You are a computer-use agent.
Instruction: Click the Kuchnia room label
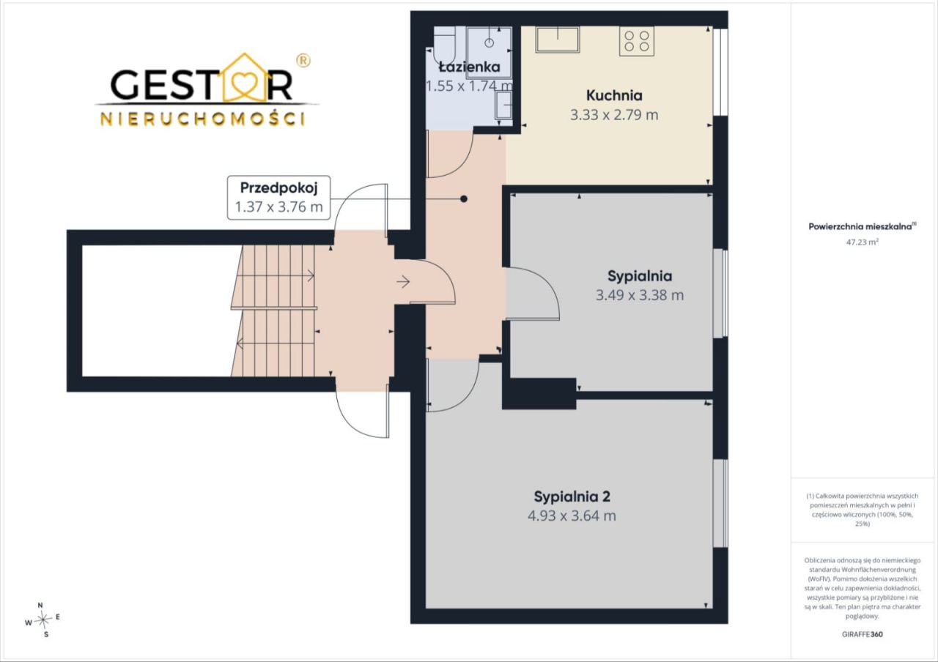pos(614,95)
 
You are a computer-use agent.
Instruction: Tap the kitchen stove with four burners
pos(637,41)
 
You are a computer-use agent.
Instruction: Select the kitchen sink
pos(558,40)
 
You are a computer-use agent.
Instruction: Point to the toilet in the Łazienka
pos(444,45)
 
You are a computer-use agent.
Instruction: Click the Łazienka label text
pos(470,67)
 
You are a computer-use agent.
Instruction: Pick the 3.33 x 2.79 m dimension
pos(614,115)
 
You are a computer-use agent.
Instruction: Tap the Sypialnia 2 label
pos(572,496)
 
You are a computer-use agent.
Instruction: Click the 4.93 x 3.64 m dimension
pos(572,516)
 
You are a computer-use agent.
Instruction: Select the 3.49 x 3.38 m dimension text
pos(640,295)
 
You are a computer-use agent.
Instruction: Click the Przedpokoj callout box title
pos(279,188)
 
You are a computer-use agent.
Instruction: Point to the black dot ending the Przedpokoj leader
pos(464,198)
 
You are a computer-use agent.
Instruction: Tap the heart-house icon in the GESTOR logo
pos(245,78)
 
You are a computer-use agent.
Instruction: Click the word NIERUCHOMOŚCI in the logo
pos(203,119)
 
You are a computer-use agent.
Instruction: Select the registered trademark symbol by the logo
pos(303,61)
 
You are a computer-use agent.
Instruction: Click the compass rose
pos(43,620)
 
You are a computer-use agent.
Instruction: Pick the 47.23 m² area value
pos(863,242)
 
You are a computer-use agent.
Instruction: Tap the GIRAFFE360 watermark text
pos(863,634)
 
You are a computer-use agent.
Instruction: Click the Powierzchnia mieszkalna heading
pos(863,226)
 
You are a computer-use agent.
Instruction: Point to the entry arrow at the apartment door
pos(403,282)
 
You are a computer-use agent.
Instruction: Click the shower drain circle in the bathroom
pos(489,42)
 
